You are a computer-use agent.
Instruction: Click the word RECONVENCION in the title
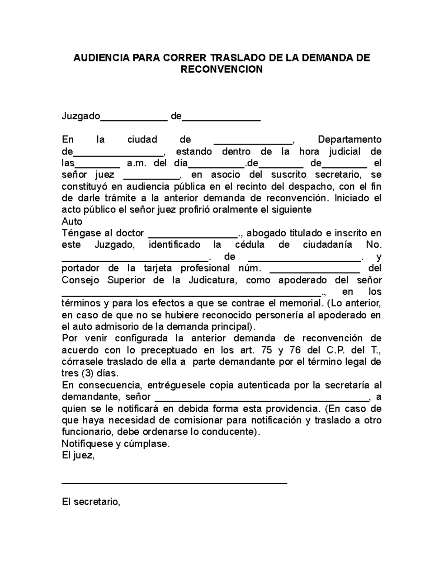(221, 69)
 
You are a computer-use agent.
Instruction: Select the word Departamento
(350, 140)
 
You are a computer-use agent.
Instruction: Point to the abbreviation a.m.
(137, 163)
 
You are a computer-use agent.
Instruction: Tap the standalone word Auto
(72, 221)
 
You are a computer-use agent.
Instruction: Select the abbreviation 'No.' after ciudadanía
(373, 245)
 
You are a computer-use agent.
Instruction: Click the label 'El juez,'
(78, 455)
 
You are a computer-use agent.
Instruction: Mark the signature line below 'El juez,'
(174, 483)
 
